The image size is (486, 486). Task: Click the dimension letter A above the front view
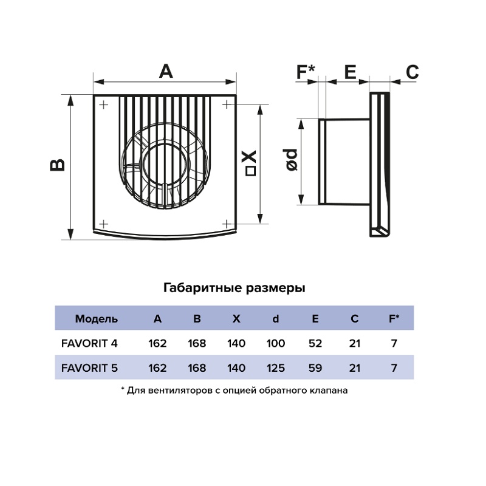pyautogui.click(x=166, y=71)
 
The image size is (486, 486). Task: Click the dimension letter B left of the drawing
pyautogui.click(x=57, y=165)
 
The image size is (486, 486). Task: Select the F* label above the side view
pyautogui.click(x=306, y=72)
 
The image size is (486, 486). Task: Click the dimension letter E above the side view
pyautogui.click(x=349, y=72)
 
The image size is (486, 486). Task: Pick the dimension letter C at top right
pyautogui.click(x=412, y=72)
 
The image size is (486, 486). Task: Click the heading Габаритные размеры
pyautogui.click(x=234, y=288)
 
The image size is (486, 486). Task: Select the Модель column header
pyautogui.click(x=97, y=318)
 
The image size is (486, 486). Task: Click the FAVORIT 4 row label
pyautogui.click(x=90, y=343)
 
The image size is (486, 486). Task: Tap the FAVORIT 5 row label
pyautogui.click(x=90, y=368)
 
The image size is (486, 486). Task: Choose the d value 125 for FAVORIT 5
pyautogui.click(x=276, y=368)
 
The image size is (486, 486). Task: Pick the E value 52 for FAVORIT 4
pyautogui.click(x=315, y=343)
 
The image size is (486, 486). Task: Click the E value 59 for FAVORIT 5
pyautogui.click(x=315, y=368)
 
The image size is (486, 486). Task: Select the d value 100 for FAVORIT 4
pyautogui.click(x=276, y=343)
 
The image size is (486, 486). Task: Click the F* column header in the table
pyautogui.click(x=394, y=318)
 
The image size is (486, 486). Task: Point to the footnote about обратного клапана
pyautogui.click(x=234, y=391)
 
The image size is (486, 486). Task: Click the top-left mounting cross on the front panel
pyautogui.click(x=104, y=104)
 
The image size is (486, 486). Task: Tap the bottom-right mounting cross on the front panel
pyautogui.click(x=225, y=223)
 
